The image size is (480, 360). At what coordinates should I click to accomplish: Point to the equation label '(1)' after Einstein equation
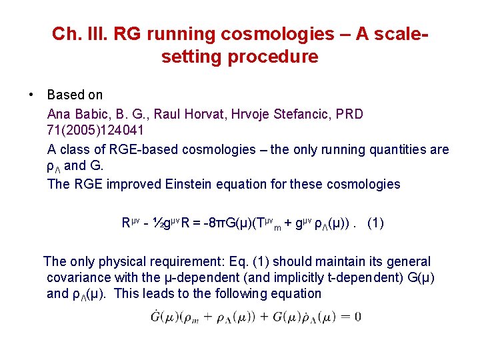click(x=375, y=223)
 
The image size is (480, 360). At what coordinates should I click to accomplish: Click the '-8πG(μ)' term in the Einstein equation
click(x=216, y=223)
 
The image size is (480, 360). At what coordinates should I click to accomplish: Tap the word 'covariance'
click(x=81, y=278)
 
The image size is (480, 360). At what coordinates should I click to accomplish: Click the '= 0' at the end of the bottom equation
click(x=351, y=316)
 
